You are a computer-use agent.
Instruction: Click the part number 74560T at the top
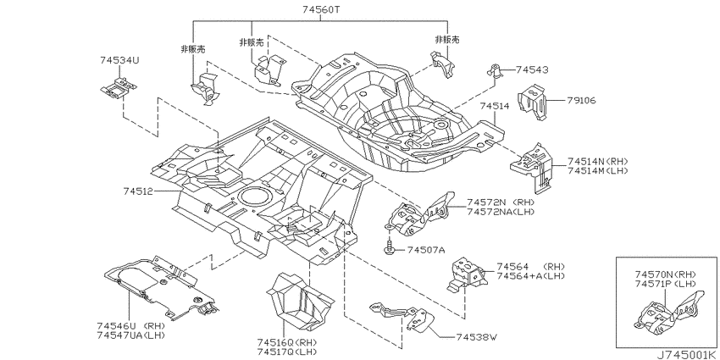coord(321,8)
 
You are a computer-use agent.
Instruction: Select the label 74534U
coord(119,60)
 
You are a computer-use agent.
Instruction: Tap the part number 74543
coord(532,69)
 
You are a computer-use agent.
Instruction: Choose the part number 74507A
coord(426,250)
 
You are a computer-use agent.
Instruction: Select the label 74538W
coord(477,337)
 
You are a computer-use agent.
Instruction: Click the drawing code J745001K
coord(685,355)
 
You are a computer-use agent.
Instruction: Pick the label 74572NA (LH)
coord(501,211)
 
